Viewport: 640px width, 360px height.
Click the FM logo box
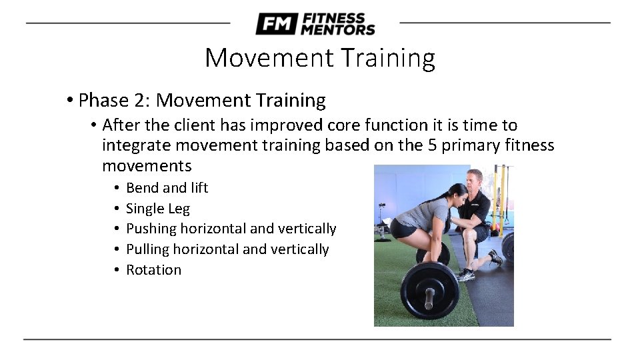tap(276, 24)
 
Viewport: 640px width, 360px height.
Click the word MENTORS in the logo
tap(338, 29)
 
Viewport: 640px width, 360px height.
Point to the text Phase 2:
tap(114, 101)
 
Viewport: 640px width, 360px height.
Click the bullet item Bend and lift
tap(167, 188)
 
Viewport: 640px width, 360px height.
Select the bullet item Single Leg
tap(158, 209)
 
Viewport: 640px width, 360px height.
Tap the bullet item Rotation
tap(153, 270)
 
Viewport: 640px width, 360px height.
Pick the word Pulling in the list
tap(147, 249)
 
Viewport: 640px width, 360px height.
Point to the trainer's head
tap(476, 180)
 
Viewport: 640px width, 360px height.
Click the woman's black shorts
tap(405, 228)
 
